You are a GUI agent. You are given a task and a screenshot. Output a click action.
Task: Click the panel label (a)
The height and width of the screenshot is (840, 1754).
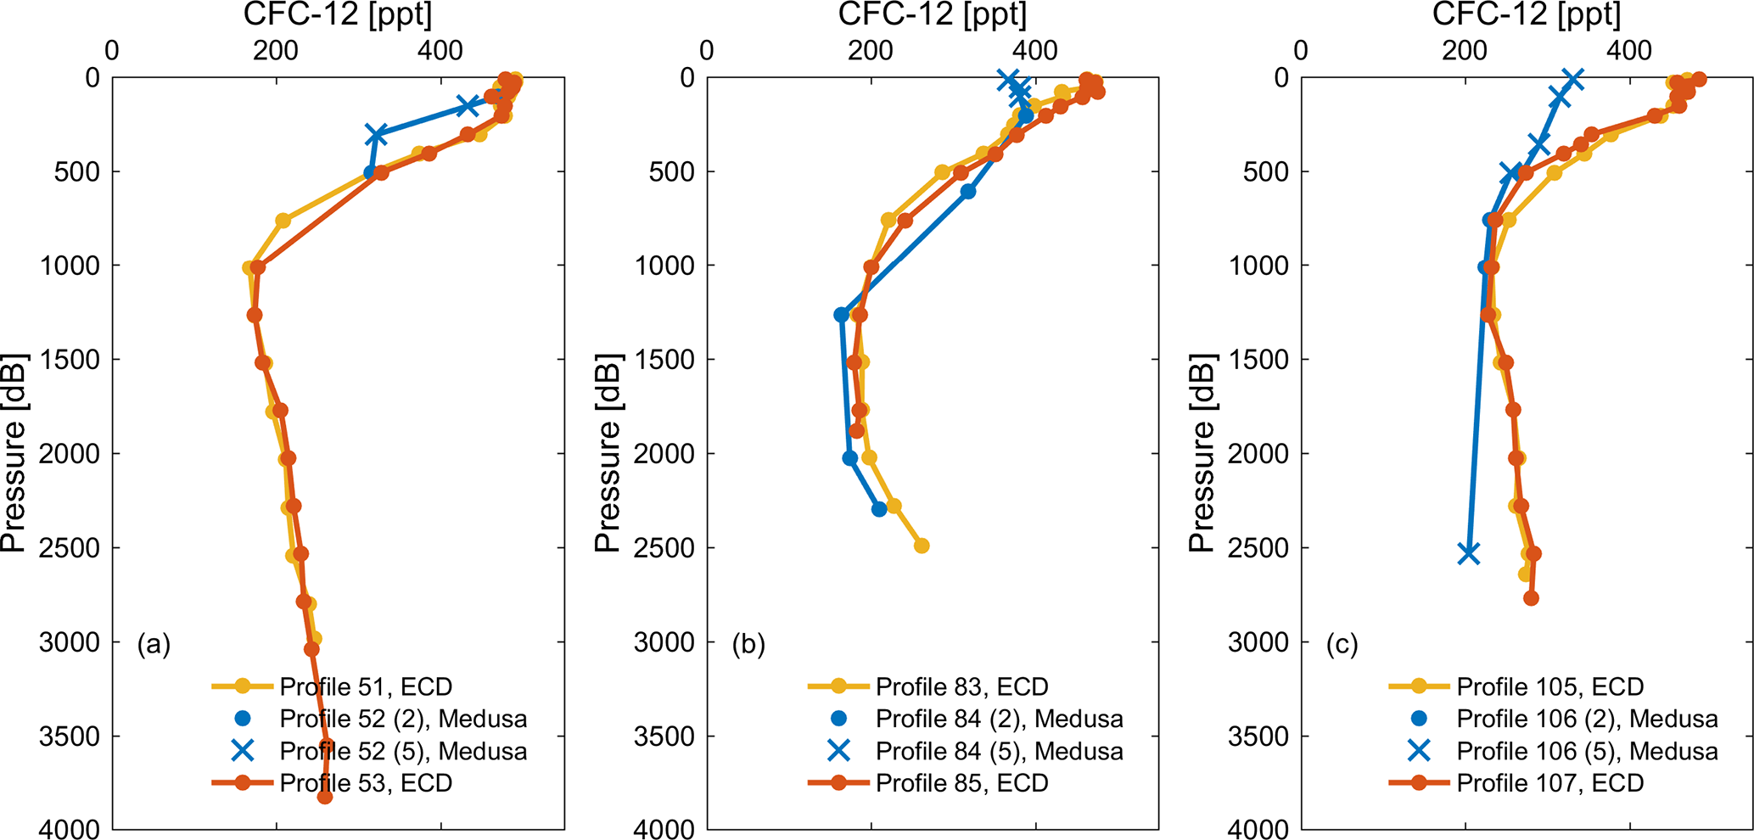[x=154, y=646]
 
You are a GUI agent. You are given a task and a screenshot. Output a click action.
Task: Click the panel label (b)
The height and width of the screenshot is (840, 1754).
[x=748, y=646]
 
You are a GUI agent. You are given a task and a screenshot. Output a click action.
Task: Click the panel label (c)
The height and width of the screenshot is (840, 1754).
[x=1342, y=646]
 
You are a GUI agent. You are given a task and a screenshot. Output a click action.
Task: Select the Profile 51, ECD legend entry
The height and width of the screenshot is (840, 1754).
[x=366, y=686]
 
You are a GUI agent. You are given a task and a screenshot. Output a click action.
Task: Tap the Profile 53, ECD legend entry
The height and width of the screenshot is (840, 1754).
[x=366, y=783]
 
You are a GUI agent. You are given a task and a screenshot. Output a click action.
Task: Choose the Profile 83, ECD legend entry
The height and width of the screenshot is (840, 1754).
[x=961, y=686]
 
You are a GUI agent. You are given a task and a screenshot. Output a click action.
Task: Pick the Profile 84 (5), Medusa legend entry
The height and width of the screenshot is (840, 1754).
[x=999, y=751]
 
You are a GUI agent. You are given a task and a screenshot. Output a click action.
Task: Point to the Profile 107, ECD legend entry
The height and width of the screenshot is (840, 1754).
[x=1549, y=783]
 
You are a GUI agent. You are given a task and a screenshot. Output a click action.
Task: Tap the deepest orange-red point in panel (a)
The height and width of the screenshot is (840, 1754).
[x=324, y=797]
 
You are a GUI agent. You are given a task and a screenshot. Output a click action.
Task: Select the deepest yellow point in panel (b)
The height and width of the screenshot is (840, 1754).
[x=922, y=546]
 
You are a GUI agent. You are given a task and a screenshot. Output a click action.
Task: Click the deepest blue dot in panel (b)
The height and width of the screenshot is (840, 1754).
[x=879, y=509]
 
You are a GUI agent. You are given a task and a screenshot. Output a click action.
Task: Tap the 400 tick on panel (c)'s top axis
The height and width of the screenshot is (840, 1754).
[x=1628, y=50]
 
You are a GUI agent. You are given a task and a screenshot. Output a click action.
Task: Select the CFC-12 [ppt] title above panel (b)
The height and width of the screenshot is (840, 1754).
[x=932, y=14]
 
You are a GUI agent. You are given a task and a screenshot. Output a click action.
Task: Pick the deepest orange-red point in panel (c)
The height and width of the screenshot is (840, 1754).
[x=1531, y=598]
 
